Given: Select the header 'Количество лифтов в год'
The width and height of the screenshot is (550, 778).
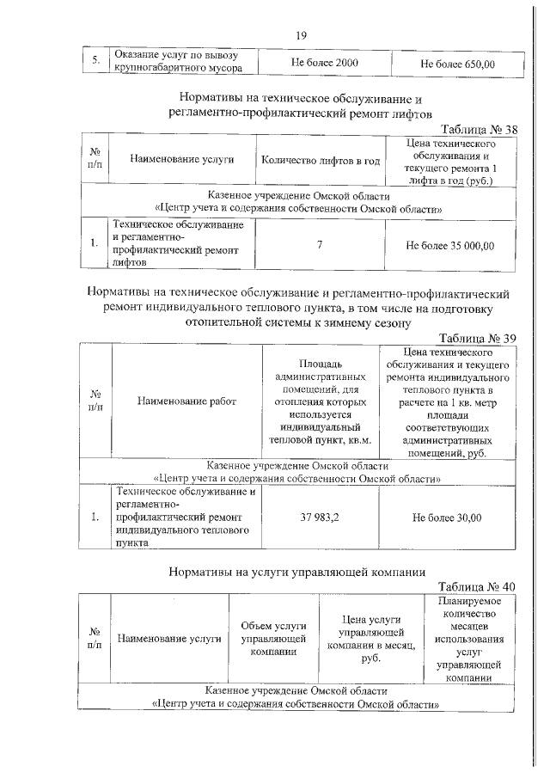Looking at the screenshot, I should (320, 160).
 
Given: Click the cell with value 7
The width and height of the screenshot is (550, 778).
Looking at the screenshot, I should (320, 245).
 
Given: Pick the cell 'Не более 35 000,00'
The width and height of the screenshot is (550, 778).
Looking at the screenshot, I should (450, 245).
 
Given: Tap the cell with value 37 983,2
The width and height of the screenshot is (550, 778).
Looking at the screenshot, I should (320, 518).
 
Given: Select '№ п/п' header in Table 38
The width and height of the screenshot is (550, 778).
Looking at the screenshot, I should (95, 160).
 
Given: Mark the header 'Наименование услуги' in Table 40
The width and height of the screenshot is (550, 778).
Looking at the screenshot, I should (169, 639).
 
